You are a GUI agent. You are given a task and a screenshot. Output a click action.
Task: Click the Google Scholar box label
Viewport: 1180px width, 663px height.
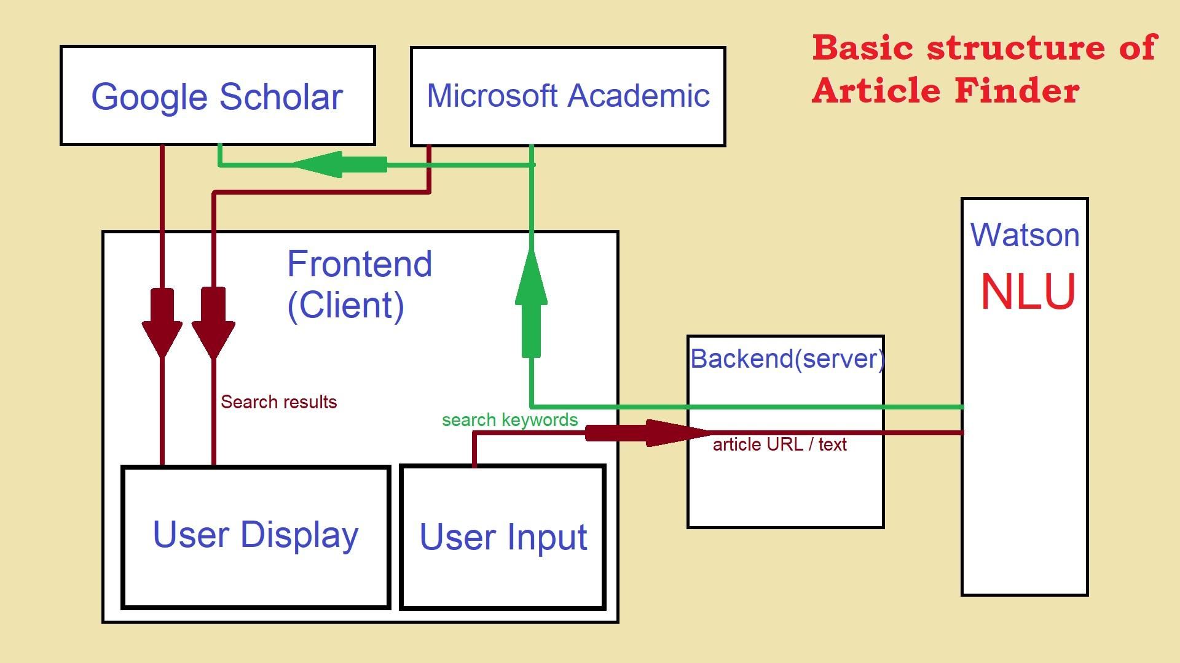[217, 96]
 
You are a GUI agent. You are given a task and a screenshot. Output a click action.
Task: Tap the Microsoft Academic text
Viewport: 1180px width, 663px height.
[568, 96]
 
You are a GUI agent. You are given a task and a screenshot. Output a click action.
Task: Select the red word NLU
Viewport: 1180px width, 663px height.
[1028, 292]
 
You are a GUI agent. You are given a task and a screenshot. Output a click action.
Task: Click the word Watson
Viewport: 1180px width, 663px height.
[1025, 235]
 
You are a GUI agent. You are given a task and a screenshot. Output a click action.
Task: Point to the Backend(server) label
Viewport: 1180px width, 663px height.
[787, 359]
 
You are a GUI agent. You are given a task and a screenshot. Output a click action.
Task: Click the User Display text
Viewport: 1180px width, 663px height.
[256, 535]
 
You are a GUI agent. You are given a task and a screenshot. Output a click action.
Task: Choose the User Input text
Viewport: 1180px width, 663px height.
[503, 537]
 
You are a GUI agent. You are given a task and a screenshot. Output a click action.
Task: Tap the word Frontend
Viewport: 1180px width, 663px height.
[360, 264]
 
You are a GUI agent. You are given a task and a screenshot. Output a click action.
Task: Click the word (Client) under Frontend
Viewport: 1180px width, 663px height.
[345, 305]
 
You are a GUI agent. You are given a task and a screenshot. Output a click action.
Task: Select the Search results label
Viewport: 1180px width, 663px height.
[278, 402]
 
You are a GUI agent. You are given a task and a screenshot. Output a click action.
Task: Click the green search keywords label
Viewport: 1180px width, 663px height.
[509, 420]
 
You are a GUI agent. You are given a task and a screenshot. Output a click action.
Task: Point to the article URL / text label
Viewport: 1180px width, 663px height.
[779, 444]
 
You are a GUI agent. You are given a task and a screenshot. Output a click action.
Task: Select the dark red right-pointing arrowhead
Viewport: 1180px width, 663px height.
[676, 433]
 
